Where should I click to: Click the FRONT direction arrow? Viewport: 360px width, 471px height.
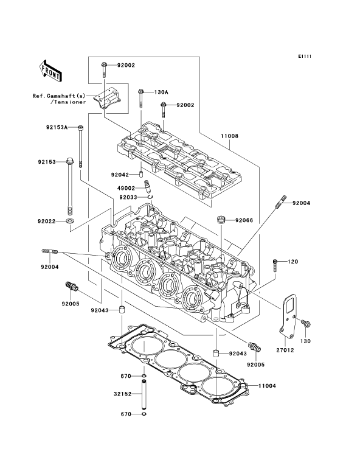tap(50, 71)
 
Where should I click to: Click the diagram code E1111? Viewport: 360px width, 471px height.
tap(305, 56)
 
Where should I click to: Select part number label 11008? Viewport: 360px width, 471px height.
tap(229, 136)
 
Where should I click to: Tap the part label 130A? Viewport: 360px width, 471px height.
tap(161, 92)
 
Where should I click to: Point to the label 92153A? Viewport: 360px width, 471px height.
tap(57, 127)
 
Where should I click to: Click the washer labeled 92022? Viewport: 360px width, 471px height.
tap(71, 222)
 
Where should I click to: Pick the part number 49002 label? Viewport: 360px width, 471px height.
tap(126, 189)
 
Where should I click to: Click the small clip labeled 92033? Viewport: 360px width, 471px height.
tap(150, 197)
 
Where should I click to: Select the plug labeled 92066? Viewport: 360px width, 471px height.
tap(221, 220)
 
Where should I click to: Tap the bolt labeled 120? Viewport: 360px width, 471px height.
tap(275, 265)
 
